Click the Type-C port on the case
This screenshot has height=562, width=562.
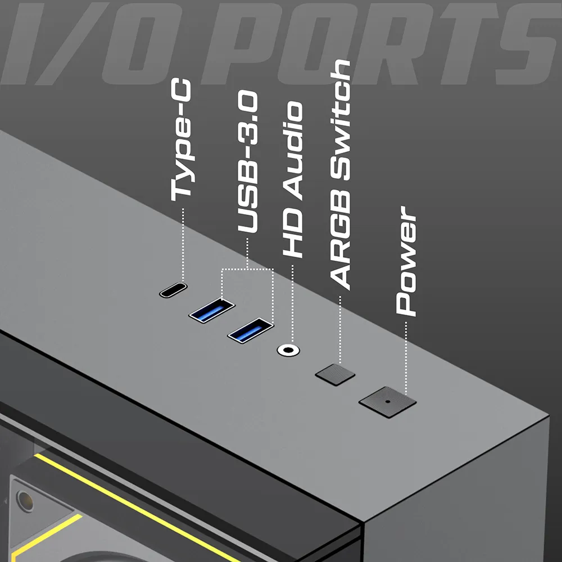[174, 289]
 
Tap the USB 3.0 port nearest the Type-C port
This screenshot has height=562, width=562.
[212, 310]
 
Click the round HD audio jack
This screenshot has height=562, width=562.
[288, 350]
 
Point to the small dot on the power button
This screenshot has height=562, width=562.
[387, 401]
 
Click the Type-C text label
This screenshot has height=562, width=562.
[182, 140]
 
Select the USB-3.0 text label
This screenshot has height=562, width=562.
[248, 162]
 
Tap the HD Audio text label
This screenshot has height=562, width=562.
[293, 180]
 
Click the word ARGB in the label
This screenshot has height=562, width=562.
[339, 240]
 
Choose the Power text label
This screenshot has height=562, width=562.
[406, 261]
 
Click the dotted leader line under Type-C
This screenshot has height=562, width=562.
[183, 244]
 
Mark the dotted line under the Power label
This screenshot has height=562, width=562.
[406, 359]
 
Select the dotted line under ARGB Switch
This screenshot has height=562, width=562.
[340, 330]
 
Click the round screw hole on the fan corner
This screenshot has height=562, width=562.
[25, 501]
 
